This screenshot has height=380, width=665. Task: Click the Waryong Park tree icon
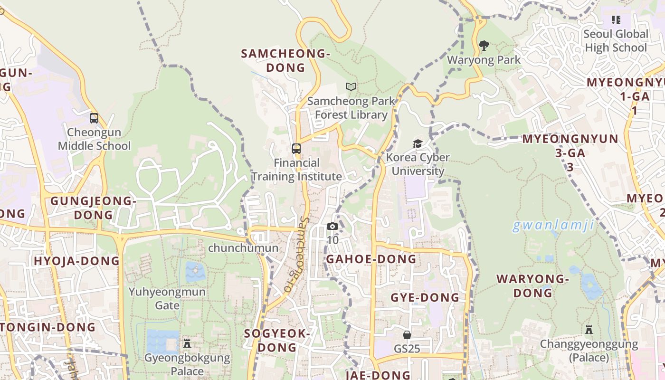click(484, 46)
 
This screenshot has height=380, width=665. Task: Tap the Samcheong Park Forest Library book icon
click(351, 86)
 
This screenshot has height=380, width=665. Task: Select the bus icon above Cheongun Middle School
click(94, 118)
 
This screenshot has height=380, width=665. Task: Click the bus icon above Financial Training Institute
click(296, 149)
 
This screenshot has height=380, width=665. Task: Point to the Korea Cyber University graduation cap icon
click(418, 143)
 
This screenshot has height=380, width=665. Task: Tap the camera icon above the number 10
click(332, 226)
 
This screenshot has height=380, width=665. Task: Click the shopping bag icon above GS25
click(407, 335)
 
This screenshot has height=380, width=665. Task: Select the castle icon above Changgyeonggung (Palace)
click(589, 329)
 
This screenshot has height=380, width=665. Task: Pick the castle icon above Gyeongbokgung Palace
click(187, 343)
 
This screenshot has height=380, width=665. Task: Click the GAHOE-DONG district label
click(371, 259)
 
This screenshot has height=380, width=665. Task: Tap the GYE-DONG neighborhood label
click(425, 298)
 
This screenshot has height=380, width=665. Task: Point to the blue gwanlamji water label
click(553, 225)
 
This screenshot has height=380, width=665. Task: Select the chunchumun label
click(243, 248)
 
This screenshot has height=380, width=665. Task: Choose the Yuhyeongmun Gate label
click(167, 298)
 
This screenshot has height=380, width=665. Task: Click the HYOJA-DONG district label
click(76, 261)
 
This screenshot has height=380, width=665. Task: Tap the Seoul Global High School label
click(616, 41)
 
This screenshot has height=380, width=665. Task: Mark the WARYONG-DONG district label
click(532, 285)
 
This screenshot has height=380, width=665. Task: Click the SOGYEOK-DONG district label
click(277, 340)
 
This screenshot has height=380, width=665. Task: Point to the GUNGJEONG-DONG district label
click(93, 208)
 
